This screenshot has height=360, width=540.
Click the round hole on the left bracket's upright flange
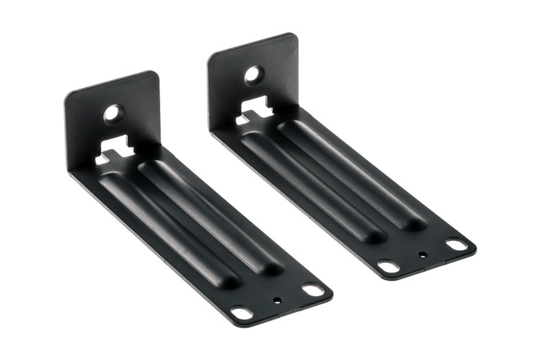coord(112,112)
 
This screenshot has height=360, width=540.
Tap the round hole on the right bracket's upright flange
coord(253,73)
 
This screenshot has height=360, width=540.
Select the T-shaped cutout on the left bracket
coord(115,151)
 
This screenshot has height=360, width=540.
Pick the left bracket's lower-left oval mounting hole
coord(243,313)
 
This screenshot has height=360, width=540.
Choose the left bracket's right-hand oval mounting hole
coord(312,289)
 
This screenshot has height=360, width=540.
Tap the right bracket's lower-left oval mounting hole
coord(389,266)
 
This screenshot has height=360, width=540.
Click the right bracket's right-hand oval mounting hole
coord(456,244)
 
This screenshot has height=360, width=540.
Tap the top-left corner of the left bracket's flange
coord(67,97)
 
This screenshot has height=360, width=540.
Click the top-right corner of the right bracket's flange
coord(293,36)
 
